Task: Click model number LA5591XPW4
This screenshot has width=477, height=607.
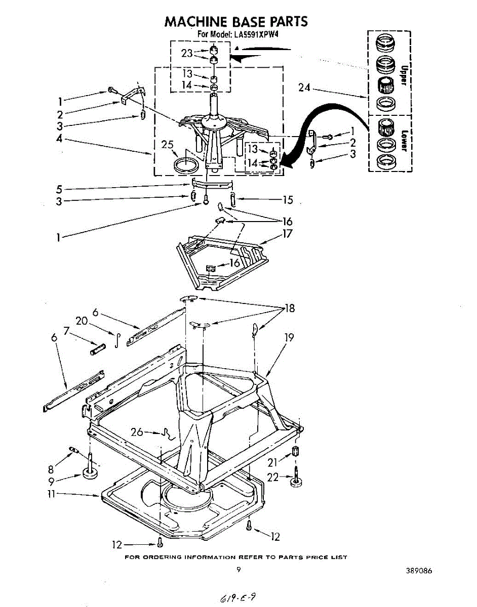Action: pyautogui.click(x=257, y=34)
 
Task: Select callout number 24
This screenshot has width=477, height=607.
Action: pyautogui.click(x=304, y=88)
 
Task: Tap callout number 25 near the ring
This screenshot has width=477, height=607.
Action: pyautogui.click(x=168, y=145)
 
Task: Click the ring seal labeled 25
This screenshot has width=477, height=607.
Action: pyautogui.click(x=185, y=164)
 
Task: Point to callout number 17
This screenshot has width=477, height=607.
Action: pyautogui.click(x=288, y=234)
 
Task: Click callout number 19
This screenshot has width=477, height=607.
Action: pyautogui.click(x=289, y=336)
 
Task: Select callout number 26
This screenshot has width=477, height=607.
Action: pyautogui.click(x=137, y=432)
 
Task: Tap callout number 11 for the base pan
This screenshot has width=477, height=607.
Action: pyautogui.click(x=51, y=494)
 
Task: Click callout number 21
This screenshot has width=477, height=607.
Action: pyautogui.click(x=272, y=461)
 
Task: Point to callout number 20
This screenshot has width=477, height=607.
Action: pyautogui.click(x=82, y=321)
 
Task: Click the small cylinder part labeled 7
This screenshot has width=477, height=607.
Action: pyautogui.click(x=97, y=349)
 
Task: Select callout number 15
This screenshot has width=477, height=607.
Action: pyautogui.click(x=288, y=200)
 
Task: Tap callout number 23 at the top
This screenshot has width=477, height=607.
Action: pyautogui.click(x=188, y=52)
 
